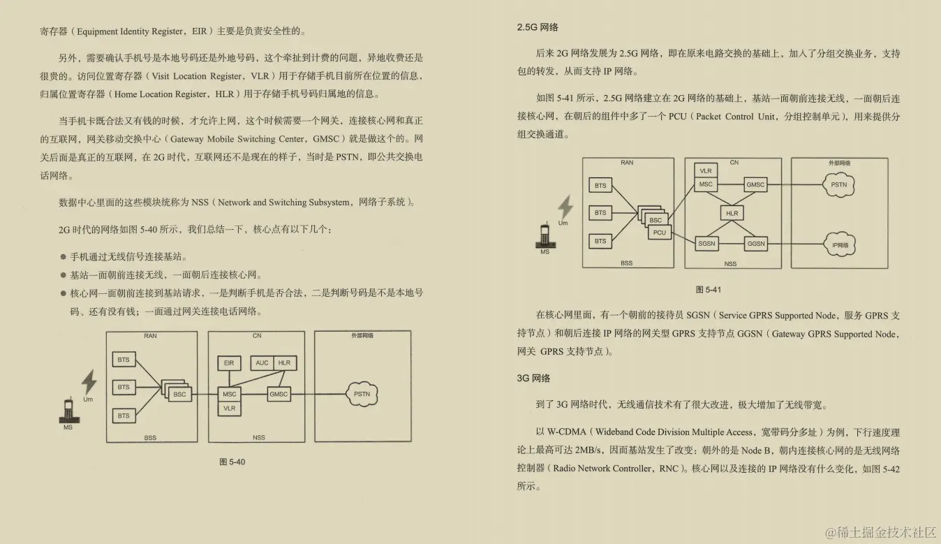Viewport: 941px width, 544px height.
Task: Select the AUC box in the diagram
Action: (x=262, y=363)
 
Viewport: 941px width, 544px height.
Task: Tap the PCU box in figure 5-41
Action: (x=660, y=233)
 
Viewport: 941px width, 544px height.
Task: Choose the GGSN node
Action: (x=756, y=244)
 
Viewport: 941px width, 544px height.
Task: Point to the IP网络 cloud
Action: (x=840, y=245)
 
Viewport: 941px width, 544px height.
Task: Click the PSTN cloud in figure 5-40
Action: (x=362, y=395)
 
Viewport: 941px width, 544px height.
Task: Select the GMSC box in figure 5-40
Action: (x=279, y=395)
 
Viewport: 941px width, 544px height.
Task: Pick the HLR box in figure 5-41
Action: (x=732, y=213)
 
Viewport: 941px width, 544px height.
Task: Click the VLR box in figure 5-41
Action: (x=706, y=171)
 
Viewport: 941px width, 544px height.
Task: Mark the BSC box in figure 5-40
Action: (x=179, y=395)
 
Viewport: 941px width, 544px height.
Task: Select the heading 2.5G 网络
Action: (x=538, y=28)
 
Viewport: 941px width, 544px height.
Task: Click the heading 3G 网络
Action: (x=534, y=378)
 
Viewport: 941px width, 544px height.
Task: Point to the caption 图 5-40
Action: (x=232, y=462)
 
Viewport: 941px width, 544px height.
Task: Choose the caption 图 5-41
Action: (x=709, y=290)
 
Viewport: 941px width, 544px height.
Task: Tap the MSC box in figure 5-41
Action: (x=706, y=185)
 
